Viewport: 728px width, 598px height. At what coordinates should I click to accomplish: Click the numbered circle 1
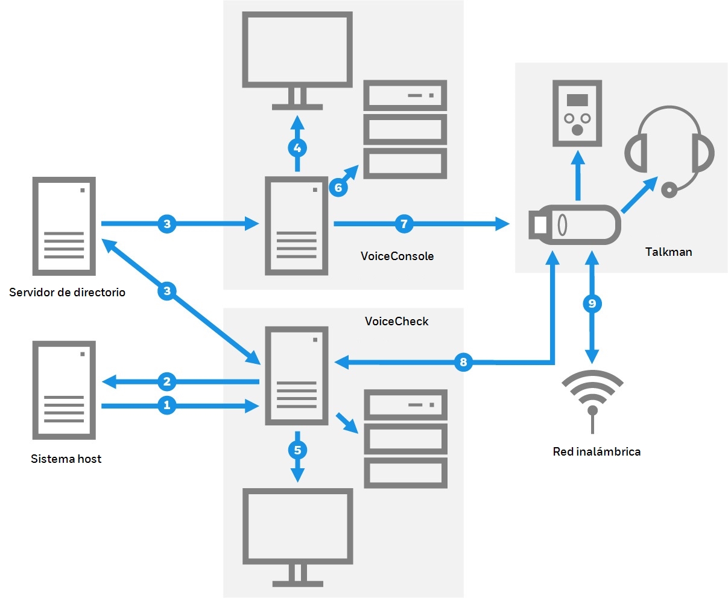167,406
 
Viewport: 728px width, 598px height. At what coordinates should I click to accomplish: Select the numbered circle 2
167,381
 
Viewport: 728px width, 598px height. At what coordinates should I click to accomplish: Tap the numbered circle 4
297,147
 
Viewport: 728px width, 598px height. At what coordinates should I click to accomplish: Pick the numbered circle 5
297,450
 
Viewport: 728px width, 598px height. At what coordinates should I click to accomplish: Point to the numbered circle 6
338,188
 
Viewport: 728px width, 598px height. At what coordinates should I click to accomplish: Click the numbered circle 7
404,224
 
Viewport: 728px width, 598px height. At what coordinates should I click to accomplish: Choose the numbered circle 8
463,362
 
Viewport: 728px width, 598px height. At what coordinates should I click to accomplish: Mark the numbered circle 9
592,303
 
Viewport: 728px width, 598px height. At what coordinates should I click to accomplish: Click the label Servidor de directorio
67,293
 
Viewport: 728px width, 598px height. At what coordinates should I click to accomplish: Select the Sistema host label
66,459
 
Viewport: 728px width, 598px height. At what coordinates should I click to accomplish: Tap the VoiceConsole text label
397,256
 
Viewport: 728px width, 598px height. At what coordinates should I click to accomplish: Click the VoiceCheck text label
396,322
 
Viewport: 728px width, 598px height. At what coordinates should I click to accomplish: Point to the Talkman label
668,252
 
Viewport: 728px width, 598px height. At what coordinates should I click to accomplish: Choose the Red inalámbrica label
597,451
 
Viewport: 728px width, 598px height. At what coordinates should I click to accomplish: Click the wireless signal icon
592,398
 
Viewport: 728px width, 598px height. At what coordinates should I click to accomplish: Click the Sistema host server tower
64,390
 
